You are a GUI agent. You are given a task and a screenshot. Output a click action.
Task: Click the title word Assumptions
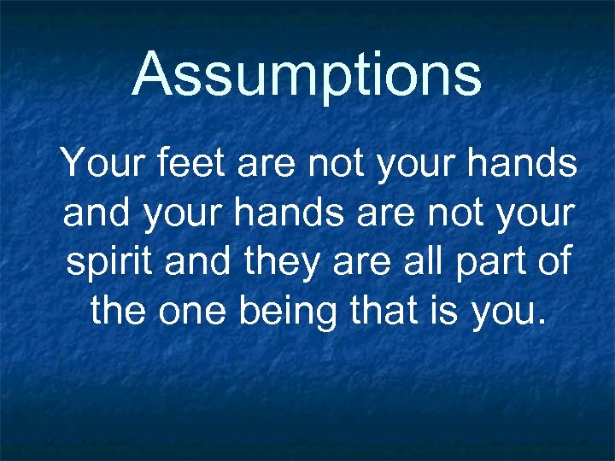pos(307,75)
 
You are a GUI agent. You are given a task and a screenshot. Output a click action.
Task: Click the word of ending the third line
pos(552,263)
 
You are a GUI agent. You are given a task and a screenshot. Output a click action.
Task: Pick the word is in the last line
pos(448,313)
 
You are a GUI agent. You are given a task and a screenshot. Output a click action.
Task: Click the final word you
pos(504,313)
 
